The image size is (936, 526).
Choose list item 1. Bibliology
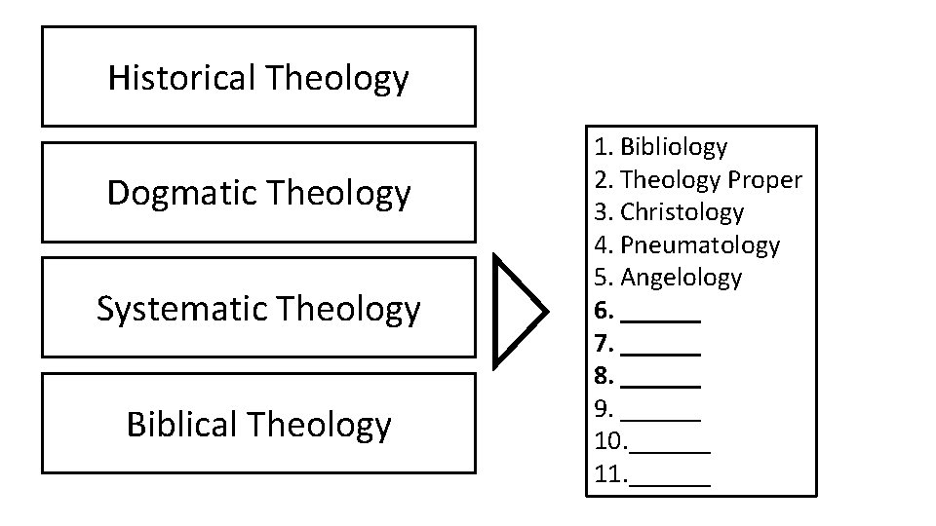(x=661, y=147)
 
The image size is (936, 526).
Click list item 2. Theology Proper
(x=698, y=180)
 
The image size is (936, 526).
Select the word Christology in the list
(x=682, y=212)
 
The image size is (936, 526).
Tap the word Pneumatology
(x=700, y=245)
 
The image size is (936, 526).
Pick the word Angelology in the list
(x=681, y=278)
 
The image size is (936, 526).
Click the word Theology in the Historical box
(x=335, y=78)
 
